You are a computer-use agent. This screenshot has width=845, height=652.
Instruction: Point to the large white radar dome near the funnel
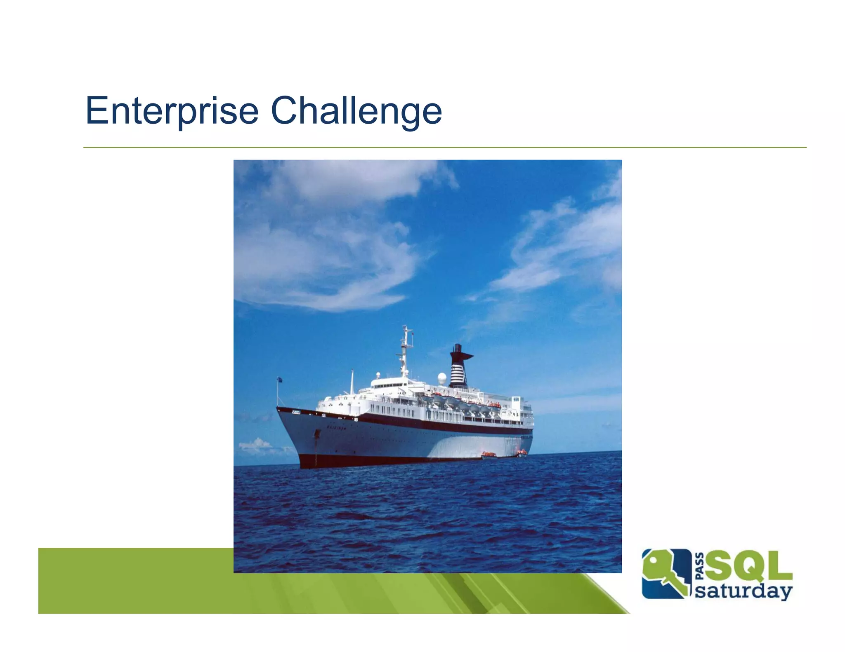coord(442,378)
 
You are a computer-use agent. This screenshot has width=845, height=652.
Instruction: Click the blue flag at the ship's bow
coord(280,380)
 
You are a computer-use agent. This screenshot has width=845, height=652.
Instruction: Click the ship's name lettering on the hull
coord(337,427)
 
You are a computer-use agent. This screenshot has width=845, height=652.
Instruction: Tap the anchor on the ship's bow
coord(317,434)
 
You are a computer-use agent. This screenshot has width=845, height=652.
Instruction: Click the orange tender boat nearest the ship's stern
coord(522,453)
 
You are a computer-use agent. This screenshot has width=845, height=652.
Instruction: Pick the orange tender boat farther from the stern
coord(489,455)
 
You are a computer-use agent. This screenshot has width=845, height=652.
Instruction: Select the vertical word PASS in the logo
coord(700,566)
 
